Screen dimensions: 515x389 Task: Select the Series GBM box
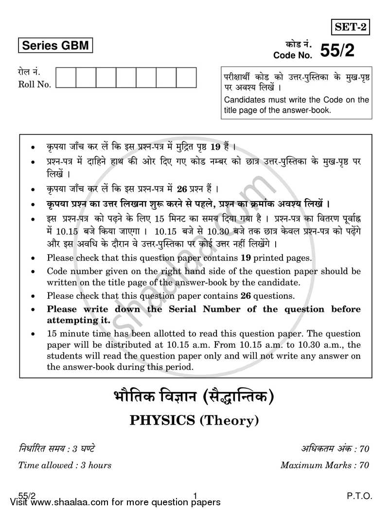pos(54,46)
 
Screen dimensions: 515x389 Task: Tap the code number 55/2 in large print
pos(336,50)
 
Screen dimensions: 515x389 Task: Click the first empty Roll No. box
pos(66,77)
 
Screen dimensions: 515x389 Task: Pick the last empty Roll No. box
pos(186,77)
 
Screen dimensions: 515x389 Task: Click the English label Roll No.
pos(35,85)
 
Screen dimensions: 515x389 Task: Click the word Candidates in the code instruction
pos(244,100)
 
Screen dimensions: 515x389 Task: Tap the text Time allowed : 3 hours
pos(65,465)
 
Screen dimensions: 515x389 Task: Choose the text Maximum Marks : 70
pos(324,465)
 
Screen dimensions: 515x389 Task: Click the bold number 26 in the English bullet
pos(248,295)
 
